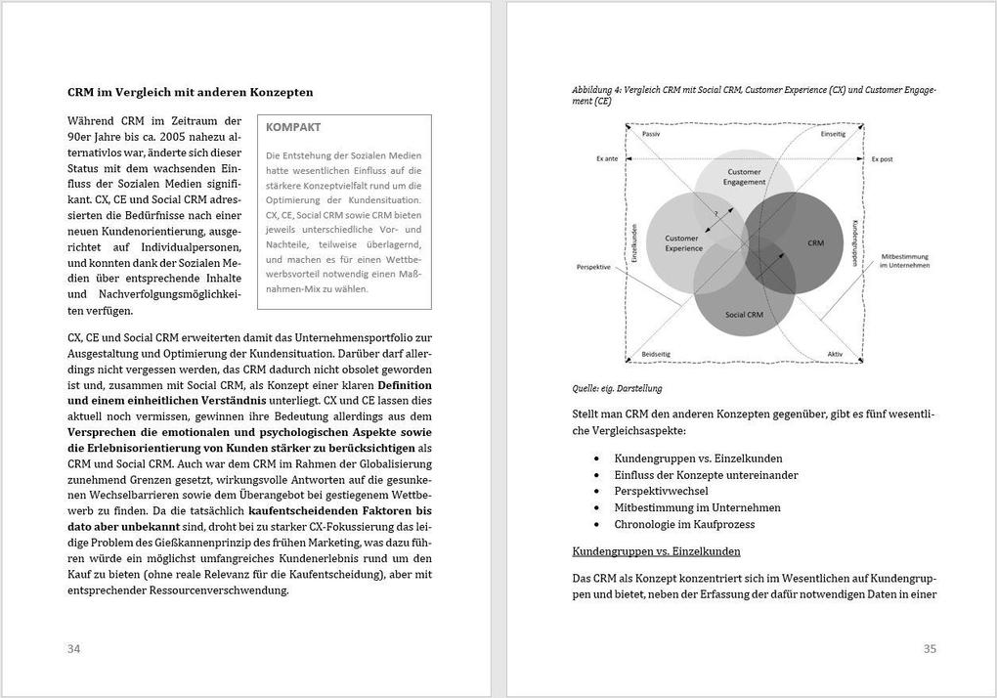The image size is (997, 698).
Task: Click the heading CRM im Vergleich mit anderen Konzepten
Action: [x=190, y=93]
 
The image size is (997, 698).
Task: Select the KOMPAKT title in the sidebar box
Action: [x=293, y=127]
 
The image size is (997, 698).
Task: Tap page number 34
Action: [x=74, y=649]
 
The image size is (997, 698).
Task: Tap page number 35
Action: [x=930, y=649]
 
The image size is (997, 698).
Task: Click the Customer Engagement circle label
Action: [x=745, y=178]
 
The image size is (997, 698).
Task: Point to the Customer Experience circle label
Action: [x=684, y=243]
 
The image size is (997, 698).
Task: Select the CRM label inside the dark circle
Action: [x=815, y=242]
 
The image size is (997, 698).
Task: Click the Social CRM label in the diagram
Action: [x=744, y=315]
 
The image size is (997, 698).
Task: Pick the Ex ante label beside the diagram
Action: [x=606, y=157]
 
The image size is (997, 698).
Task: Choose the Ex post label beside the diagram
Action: [x=883, y=157]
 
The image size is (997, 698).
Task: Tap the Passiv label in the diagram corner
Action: [x=652, y=134]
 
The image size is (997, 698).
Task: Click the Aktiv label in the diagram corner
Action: [x=835, y=354]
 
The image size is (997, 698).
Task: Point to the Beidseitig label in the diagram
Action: [x=656, y=354]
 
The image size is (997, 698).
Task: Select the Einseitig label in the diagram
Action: [x=833, y=134]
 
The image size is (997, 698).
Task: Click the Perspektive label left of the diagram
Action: [x=593, y=267]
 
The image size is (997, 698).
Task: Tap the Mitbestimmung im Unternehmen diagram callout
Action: [x=904, y=261]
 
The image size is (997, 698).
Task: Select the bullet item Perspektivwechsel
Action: [x=661, y=491]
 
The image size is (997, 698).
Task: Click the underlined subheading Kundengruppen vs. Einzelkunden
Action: [x=656, y=551]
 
